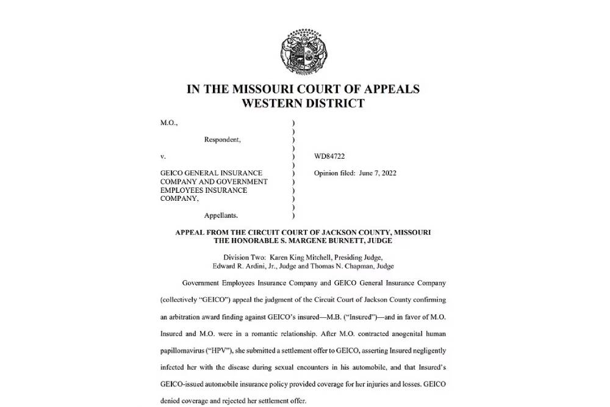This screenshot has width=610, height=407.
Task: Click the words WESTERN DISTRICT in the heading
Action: [303, 103]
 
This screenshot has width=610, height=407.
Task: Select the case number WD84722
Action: [329, 157]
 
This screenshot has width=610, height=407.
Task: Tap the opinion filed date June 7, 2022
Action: [376, 173]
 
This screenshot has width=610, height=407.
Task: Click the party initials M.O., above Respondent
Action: [169, 123]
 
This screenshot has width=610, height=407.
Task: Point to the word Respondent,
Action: [222, 140]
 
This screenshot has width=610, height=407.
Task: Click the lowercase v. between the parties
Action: [163, 157]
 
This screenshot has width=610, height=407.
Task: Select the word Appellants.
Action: [221, 215]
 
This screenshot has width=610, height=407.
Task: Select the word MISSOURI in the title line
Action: [264, 89]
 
